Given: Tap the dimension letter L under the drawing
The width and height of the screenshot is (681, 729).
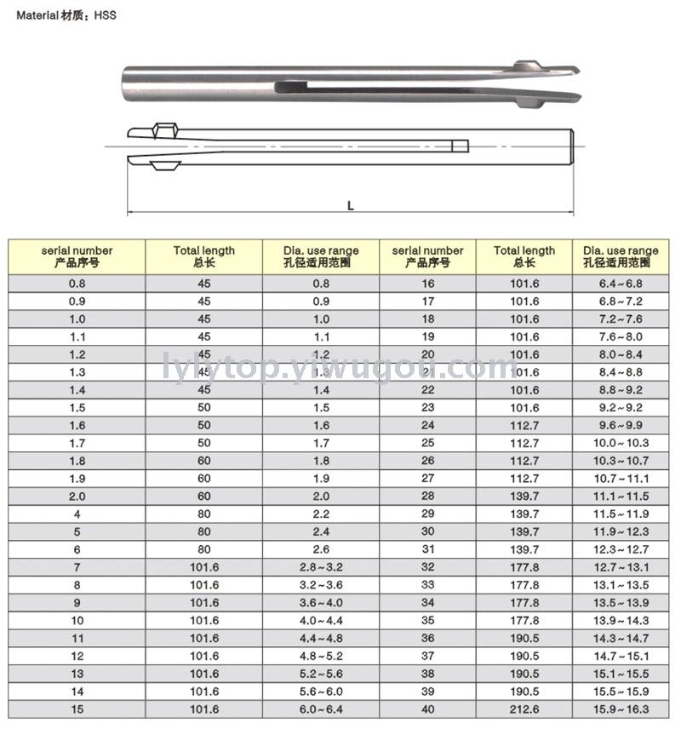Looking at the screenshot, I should [x=350, y=205].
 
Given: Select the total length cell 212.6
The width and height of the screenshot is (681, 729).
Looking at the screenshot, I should [x=524, y=709].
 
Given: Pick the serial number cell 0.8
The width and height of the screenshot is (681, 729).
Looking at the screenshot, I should [x=77, y=284].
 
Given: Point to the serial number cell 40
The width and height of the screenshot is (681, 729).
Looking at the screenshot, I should [x=427, y=709].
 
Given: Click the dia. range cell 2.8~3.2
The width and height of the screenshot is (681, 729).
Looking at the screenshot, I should [x=321, y=567].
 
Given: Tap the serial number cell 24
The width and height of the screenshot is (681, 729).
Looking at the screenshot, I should [x=427, y=425].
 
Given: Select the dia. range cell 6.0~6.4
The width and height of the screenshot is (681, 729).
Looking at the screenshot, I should [x=321, y=709].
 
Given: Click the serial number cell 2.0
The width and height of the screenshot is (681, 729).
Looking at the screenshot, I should [x=77, y=496].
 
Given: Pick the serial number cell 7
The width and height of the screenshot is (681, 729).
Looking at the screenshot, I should [x=77, y=567].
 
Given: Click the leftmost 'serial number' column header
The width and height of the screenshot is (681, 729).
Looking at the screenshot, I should [x=77, y=256].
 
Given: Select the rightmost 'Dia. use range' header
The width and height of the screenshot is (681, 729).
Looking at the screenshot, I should [x=621, y=256].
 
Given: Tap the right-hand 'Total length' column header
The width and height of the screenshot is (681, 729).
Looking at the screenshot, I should [x=524, y=256].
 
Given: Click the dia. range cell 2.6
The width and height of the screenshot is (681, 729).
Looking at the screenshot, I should [x=321, y=549].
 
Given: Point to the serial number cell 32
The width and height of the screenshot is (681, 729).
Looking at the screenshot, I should [x=427, y=567].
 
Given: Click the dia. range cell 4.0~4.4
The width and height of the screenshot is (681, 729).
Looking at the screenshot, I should [x=321, y=620].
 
